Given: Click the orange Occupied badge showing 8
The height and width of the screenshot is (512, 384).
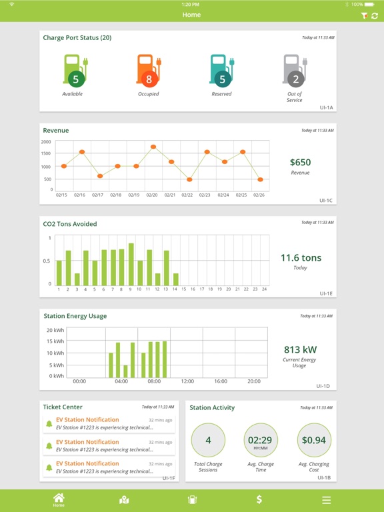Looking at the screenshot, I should point(149,79).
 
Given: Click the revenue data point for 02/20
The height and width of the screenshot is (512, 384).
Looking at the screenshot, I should point(153,147).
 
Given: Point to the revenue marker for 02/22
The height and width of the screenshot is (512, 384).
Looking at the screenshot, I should point(189,179).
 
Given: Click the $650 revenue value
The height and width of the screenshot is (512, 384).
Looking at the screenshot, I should point(300,162).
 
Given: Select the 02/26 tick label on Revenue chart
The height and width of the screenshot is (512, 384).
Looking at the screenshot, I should point(260,195).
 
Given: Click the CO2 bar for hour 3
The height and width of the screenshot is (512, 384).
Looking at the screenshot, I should point(77,279).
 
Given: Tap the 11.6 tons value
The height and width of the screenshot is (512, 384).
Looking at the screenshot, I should point(300,258).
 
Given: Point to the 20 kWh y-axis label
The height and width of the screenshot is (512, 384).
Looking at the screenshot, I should point(55,330).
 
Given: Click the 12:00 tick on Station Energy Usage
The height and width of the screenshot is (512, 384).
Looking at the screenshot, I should point(187,381).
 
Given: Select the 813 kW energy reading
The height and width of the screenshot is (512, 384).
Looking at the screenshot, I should point(299,349).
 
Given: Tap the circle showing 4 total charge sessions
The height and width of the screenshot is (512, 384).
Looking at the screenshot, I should point(208,440).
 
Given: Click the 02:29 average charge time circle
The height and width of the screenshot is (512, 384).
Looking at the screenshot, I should point(261,440).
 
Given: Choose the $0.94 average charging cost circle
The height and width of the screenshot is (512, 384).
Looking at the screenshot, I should point(313,440).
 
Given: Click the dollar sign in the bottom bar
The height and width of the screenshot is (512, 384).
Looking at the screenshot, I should point(259,499).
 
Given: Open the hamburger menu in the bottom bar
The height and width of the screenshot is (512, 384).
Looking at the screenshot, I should point(326,500).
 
